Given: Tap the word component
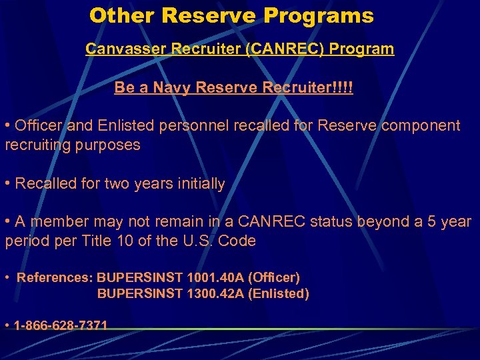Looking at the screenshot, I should coord(420,125).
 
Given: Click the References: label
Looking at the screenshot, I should coord(55,277).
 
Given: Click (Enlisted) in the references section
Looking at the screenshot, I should coord(278,293).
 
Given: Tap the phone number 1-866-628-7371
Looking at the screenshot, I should coord(61,325).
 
